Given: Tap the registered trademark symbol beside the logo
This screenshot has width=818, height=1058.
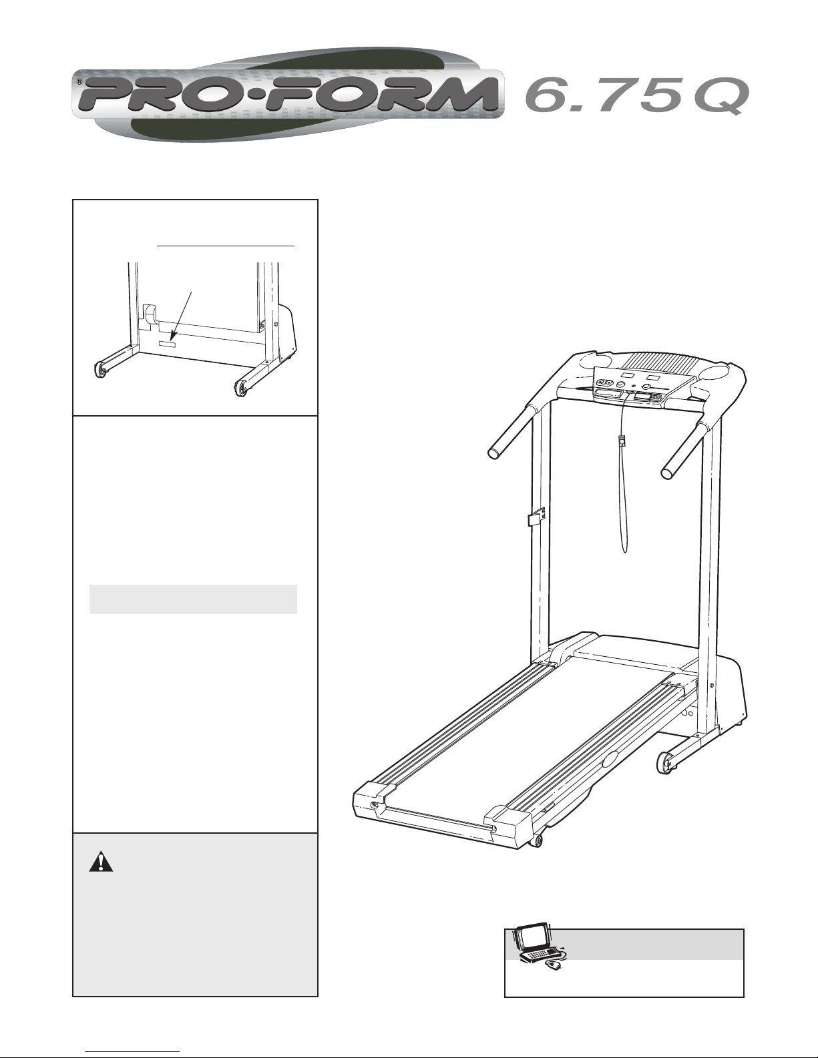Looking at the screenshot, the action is [x=79, y=82].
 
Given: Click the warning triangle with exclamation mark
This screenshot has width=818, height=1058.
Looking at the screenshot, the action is [x=101, y=861].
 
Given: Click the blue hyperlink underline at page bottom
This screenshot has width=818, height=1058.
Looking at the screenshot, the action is [x=132, y=1050].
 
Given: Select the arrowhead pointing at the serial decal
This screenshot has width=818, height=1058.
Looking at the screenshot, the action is [x=173, y=336].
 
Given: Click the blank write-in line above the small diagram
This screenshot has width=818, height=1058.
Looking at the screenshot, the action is [x=226, y=246].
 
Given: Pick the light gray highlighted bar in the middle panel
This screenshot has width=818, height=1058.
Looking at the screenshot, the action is [x=193, y=599].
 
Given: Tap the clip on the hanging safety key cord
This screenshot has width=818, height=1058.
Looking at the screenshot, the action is [x=621, y=442].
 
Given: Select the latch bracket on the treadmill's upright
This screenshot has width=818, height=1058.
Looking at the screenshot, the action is [x=536, y=516].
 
